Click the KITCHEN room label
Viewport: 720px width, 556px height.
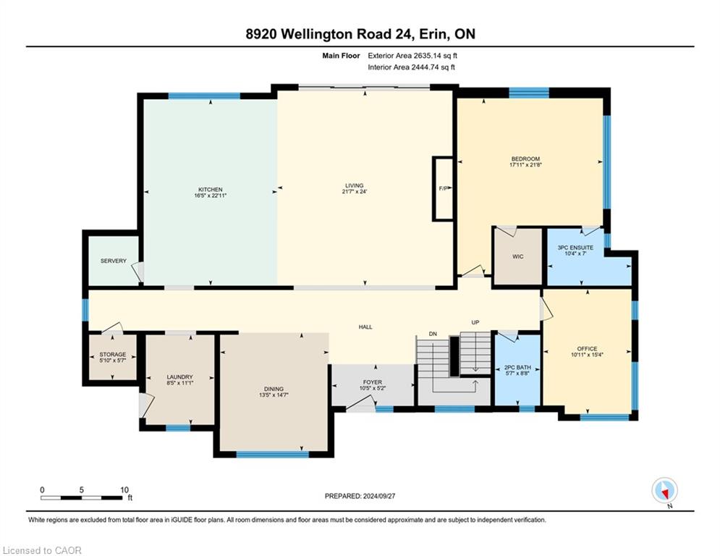click(211, 190)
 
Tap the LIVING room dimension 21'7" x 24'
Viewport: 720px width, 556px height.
click(355, 192)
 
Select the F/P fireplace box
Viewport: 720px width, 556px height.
click(443, 188)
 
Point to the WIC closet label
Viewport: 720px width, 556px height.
click(518, 257)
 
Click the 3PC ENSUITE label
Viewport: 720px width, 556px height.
click(575, 247)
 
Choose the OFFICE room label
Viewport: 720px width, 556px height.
click(588, 349)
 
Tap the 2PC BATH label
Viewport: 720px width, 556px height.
click(517, 368)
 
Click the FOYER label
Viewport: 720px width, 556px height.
click(373, 382)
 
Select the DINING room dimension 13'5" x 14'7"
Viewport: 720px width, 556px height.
click(274, 395)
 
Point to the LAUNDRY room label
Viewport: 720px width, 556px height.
click(180, 376)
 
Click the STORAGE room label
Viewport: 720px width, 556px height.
click(113, 355)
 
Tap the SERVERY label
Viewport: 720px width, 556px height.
click(114, 261)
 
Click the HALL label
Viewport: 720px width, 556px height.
click(365, 327)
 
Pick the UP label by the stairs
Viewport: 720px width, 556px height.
click(475, 323)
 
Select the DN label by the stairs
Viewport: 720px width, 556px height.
click(433, 334)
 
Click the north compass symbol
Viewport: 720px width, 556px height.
click(665, 490)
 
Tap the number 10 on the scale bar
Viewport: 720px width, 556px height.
click(124, 490)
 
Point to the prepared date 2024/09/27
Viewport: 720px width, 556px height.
click(379, 496)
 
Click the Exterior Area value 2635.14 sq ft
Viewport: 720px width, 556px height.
click(436, 56)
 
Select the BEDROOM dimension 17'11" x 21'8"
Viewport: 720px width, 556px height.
click(526, 164)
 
